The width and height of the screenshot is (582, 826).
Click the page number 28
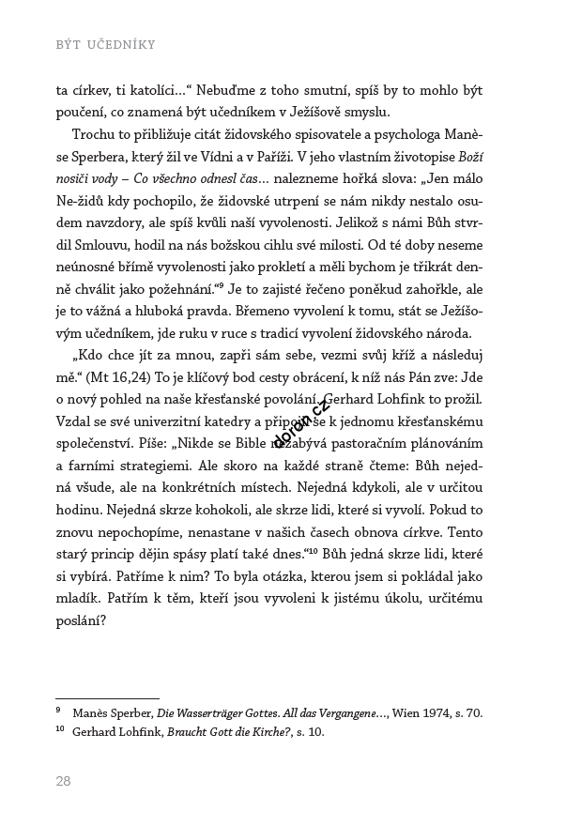point(63,781)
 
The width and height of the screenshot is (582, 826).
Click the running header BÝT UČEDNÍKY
point(104,44)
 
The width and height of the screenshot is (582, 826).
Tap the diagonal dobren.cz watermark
point(301,422)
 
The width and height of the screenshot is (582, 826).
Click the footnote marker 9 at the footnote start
point(58,711)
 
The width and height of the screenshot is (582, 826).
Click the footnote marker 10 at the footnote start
point(60,729)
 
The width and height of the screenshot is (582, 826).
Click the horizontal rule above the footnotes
point(107,698)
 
